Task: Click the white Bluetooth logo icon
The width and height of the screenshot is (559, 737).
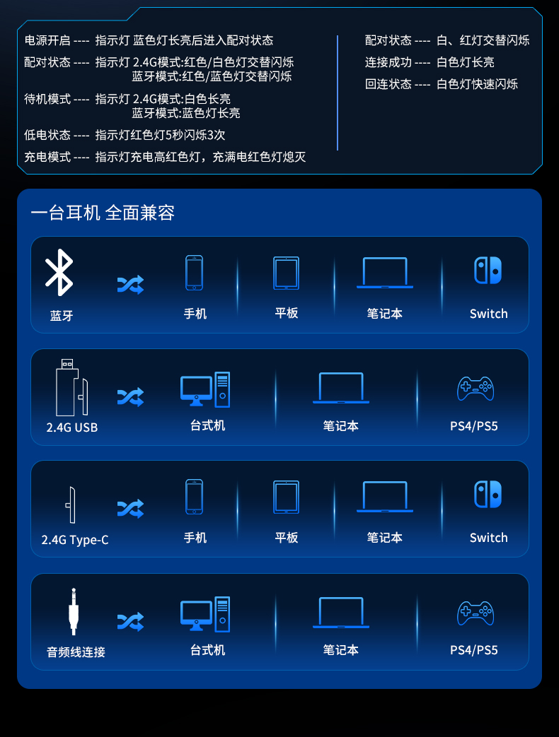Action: [x=59, y=273]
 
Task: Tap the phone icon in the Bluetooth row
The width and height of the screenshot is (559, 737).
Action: [x=195, y=273]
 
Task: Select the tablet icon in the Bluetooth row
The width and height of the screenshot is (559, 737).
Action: [x=286, y=273]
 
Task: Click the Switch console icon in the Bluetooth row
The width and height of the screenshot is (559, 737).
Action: [x=488, y=270]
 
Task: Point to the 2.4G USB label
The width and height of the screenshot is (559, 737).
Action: [x=72, y=428]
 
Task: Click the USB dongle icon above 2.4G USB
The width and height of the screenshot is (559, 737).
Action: [x=71, y=388]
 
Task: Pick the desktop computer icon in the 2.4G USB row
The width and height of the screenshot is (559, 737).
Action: [x=205, y=389]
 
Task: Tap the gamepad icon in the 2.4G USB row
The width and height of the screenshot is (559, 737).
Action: [x=476, y=389]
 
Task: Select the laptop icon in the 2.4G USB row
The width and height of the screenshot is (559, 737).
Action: [x=341, y=388]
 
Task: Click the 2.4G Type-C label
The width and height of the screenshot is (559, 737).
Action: [x=75, y=540]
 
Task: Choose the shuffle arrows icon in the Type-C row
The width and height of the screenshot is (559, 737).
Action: [x=130, y=509]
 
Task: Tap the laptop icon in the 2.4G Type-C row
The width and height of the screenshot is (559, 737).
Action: [x=385, y=497]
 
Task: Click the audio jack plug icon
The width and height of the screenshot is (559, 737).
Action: [x=74, y=611]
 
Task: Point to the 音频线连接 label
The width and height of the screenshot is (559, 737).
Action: [x=76, y=652]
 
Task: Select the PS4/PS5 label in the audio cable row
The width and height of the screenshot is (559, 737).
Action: [x=474, y=650]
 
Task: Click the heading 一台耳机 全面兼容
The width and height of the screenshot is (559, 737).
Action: [x=103, y=213]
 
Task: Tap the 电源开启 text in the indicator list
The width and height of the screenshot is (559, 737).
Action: [x=47, y=40]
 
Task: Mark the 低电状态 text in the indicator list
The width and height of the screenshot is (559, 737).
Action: [x=47, y=135]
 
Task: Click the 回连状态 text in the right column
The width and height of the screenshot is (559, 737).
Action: [x=388, y=84]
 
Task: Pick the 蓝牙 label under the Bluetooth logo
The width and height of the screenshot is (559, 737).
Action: [x=62, y=315]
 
